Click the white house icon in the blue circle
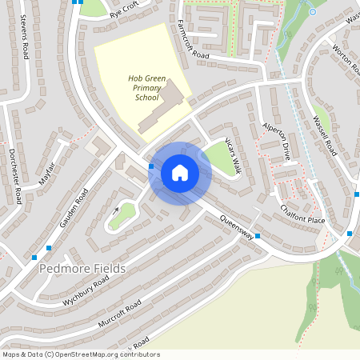tap(180, 173)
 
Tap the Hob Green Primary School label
tap(146, 87)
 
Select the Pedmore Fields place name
tap(82, 269)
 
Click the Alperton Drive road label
tap(276, 142)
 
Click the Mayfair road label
tap(47, 173)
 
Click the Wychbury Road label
tap(85, 293)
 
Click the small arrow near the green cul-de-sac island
tap(117, 210)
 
